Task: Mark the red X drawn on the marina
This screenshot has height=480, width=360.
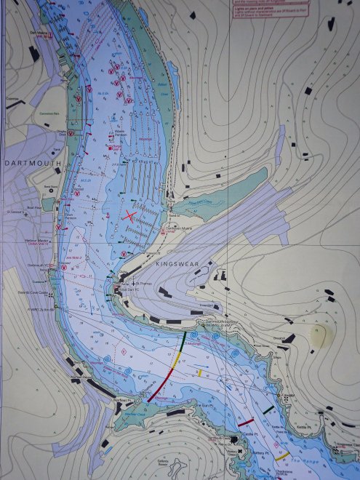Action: tap(132, 215)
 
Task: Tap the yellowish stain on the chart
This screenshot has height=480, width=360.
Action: tap(319, 335)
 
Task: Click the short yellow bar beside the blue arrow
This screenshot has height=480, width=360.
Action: tap(200, 373)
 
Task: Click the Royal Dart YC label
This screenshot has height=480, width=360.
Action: tap(129, 289)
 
